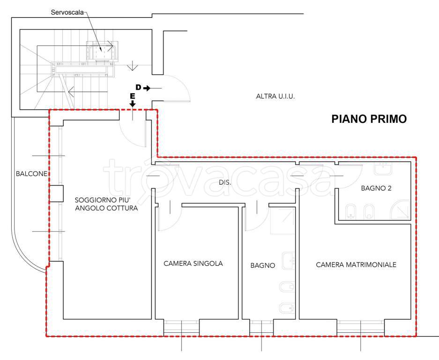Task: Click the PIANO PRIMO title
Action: (x=369, y=119)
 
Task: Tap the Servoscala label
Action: (x=67, y=12)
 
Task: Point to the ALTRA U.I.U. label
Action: (x=275, y=97)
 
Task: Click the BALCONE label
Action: (x=31, y=174)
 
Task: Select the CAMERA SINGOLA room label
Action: (x=193, y=263)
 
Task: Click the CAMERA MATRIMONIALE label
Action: (x=356, y=264)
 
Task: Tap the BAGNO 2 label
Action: (x=376, y=188)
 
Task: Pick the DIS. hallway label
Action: (x=225, y=182)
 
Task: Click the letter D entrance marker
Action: (x=138, y=87)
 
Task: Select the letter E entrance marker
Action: (x=133, y=97)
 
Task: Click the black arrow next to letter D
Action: (x=147, y=89)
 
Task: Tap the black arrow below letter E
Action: (x=133, y=104)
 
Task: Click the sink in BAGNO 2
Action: (x=383, y=169)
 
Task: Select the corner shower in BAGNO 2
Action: (x=401, y=210)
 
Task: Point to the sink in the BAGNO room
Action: (x=289, y=261)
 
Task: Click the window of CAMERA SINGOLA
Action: (x=181, y=327)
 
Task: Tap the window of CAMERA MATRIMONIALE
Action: (x=361, y=327)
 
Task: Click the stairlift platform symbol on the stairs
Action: (x=102, y=51)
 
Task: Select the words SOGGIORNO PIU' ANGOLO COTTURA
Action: (x=106, y=204)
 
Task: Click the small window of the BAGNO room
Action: (x=261, y=327)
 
